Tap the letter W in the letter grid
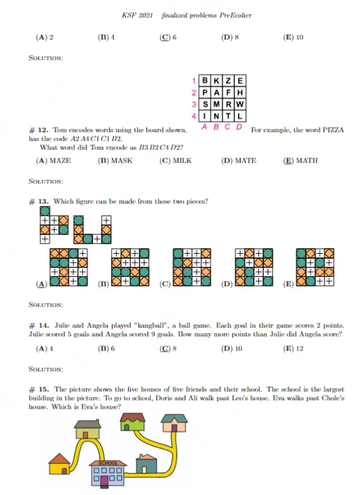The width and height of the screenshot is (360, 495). (241, 104)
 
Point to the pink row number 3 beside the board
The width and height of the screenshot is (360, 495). (195, 104)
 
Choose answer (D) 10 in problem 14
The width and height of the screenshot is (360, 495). (231, 348)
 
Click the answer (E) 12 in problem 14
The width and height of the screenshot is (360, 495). (294, 348)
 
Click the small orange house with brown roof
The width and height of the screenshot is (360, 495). (59, 463)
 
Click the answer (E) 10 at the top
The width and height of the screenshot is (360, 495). (294, 37)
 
